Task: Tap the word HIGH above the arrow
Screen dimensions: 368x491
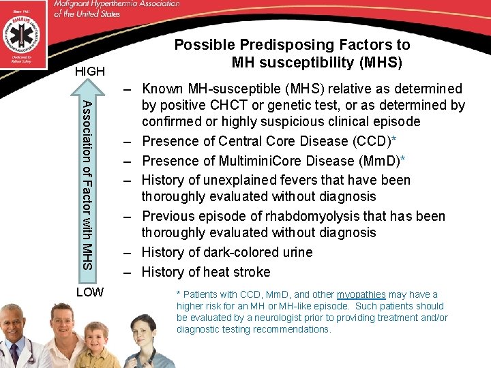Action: [x=89, y=71]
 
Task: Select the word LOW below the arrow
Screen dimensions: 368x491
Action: [x=89, y=292]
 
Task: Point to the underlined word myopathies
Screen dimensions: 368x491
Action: [x=361, y=295]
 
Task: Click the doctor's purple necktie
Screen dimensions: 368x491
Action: [x=14, y=358]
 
